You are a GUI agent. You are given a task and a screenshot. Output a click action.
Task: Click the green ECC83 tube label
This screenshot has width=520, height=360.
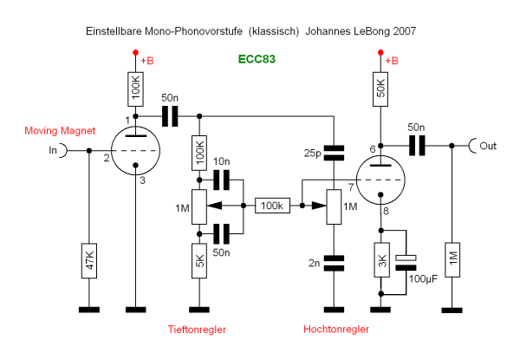point(257,61)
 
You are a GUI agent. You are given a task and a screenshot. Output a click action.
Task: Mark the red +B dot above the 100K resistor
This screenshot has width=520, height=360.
point(136,54)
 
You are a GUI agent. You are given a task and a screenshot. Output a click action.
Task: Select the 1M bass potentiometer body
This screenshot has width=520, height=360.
point(200,206)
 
